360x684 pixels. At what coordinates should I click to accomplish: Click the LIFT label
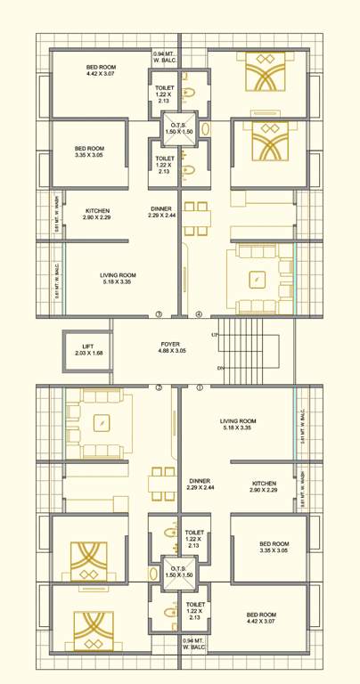pyautogui.click(x=89, y=346)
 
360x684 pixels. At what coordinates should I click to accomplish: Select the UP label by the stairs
pyautogui.click(x=215, y=335)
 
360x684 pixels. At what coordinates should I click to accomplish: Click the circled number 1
pyautogui.click(x=200, y=387)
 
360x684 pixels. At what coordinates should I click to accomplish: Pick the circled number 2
pyautogui.click(x=159, y=387)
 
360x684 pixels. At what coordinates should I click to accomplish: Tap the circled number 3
pyautogui.click(x=159, y=313)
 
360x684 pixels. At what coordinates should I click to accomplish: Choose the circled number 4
pyautogui.click(x=200, y=313)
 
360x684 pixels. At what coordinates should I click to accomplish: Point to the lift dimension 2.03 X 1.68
pyautogui.click(x=89, y=354)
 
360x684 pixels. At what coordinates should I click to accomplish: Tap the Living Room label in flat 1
pyautogui.click(x=238, y=421)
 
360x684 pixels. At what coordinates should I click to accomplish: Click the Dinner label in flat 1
pyautogui.click(x=200, y=481)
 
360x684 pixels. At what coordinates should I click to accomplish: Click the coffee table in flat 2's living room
pyautogui.click(x=102, y=422)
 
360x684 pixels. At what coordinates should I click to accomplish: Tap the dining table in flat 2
pyautogui.click(x=162, y=484)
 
